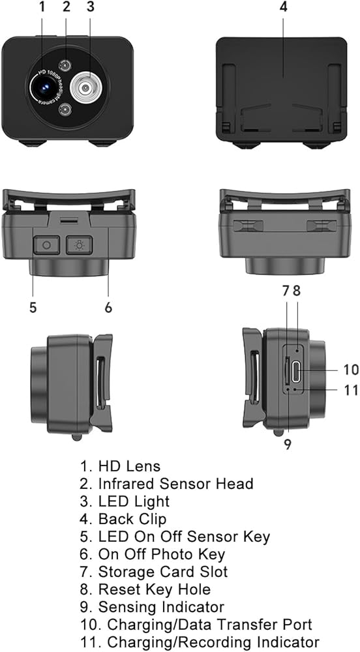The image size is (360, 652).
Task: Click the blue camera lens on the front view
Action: click(x=44, y=87)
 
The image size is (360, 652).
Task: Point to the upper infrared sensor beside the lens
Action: click(x=65, y=65)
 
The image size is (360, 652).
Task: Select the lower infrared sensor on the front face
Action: click(x=65, y=110)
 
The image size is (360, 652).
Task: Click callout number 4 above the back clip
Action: click(x=282, y=7)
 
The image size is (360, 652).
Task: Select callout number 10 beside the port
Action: click(x=350, y=369)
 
